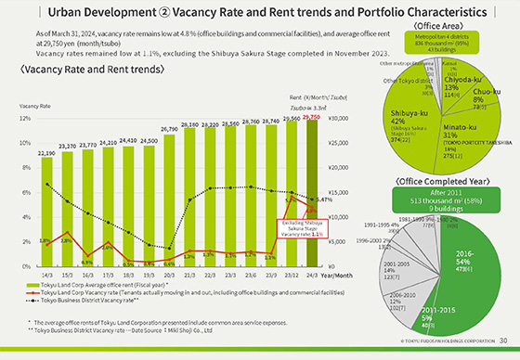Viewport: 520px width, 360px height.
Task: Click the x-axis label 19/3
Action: [x=148, y=275]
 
